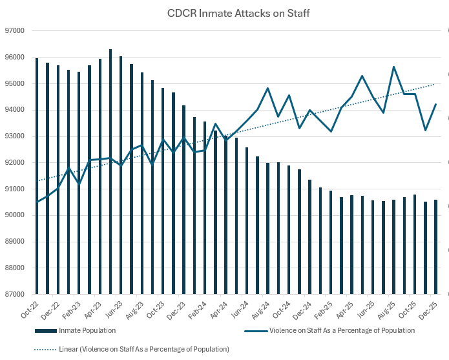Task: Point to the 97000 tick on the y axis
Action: (x=14, y=30)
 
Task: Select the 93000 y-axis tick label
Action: (x=14, y=136)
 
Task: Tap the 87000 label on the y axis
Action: (x=14, y=294)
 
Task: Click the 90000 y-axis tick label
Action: (x=14, y=215)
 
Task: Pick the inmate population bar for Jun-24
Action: (x=247, y=220)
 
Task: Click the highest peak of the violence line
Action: (x=394, y=67)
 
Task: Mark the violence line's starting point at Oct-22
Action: (x=37, y=202)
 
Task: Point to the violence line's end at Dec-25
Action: (x=436, y=104)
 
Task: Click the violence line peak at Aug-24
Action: (x=267, y=88)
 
